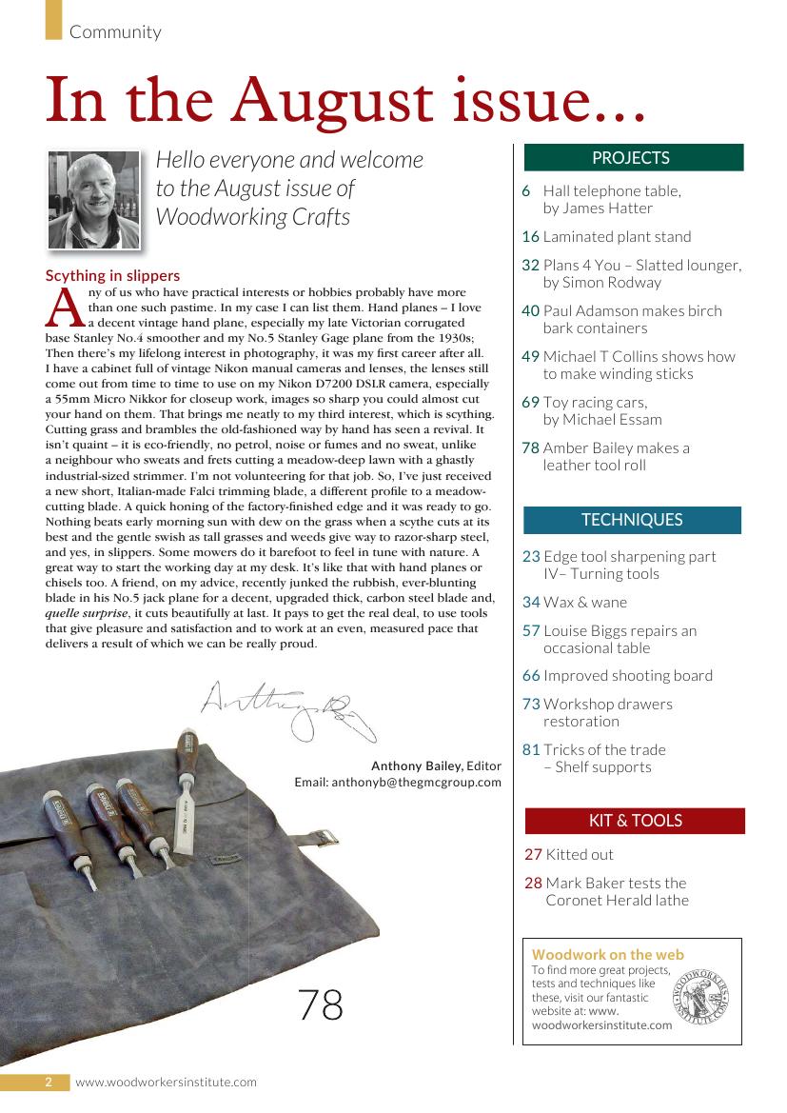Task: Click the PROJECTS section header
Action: pyautogui.click(x=631, y=158)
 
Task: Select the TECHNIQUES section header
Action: pyautogui.click(x=632, y=520)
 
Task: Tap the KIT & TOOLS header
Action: pyautogui.click(x=635, y=821)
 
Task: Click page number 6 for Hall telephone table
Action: pyautogui.click(x=526, y=191)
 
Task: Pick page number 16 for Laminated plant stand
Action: pyautogui.click(x=530, y=237)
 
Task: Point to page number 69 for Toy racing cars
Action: pyautogui.click(x=530, y=403)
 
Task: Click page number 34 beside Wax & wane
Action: pyautogui.click(x=531, y=603)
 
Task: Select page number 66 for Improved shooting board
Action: pyautogui.click(x=531, y=676)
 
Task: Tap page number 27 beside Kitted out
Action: pyautogui.click(x=533, y=855)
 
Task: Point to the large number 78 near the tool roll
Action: pyautogui.click(x=321, y=1004)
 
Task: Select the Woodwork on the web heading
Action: pyautogui.click(x=607, y=954)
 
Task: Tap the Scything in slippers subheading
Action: pyautogui.click(x=112, y=276)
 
